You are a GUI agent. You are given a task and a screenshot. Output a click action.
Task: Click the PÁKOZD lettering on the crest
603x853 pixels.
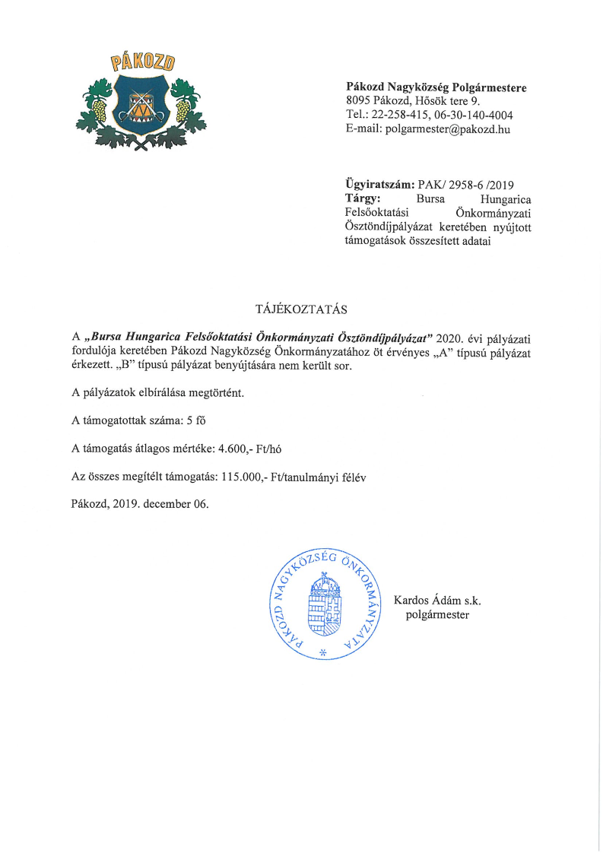point(142,62)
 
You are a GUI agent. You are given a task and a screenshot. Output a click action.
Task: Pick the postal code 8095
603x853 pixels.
point(358,101)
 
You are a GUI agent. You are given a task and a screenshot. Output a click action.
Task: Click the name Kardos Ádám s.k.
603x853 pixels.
point(437,601)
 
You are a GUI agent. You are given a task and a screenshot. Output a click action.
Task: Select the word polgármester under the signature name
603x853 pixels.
point(437,614)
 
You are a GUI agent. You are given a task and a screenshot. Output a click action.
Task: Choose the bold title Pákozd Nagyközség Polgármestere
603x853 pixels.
point(436,87)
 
